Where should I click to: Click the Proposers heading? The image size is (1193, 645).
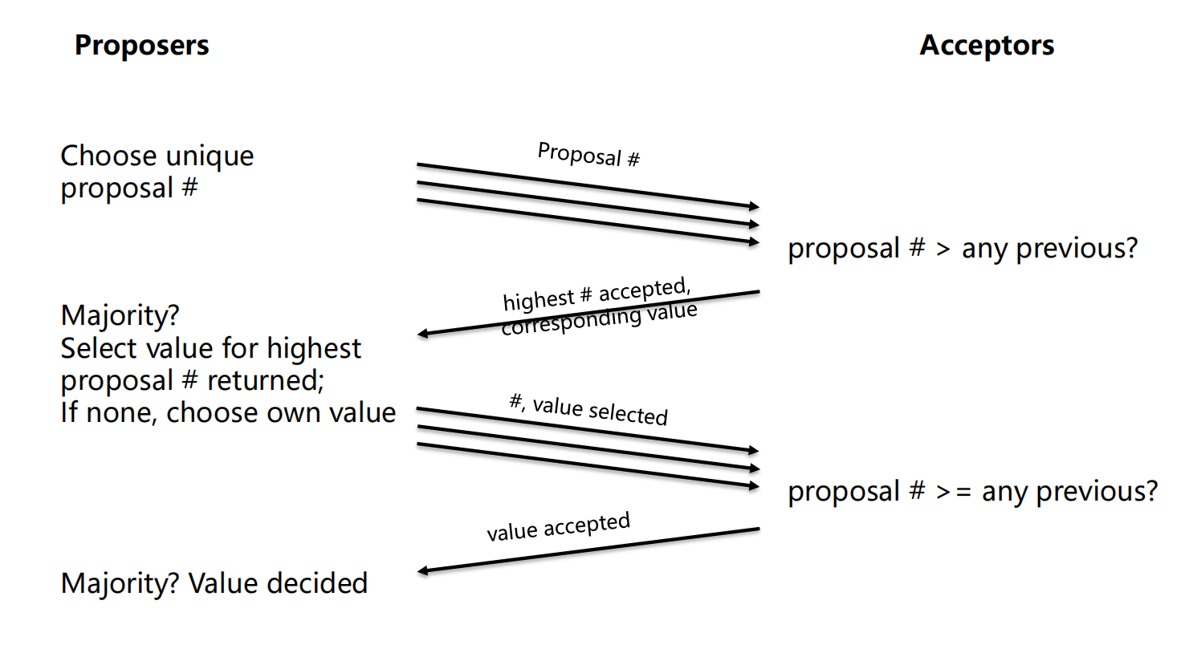pos(141,45)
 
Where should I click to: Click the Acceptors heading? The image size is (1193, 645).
pos(987,45)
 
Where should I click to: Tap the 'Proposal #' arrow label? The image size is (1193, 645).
pos(588,154)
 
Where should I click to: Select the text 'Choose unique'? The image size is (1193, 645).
pos(157,156)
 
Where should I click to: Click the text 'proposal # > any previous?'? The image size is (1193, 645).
pos(963,249)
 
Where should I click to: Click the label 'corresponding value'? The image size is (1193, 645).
pos(599,318)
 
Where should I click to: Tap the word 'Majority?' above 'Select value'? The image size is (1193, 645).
pos(120,315)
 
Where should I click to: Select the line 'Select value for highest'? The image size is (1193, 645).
pos(211,348)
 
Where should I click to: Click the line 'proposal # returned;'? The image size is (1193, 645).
pos(193,380)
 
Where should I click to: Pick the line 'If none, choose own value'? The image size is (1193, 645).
pos(228,412)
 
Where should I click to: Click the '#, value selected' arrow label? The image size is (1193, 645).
pos(588,408)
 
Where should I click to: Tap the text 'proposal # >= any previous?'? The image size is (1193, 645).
pos(973,491)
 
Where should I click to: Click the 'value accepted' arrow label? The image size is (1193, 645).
pos(559,527)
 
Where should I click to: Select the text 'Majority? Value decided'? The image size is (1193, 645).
pos(214,583)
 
